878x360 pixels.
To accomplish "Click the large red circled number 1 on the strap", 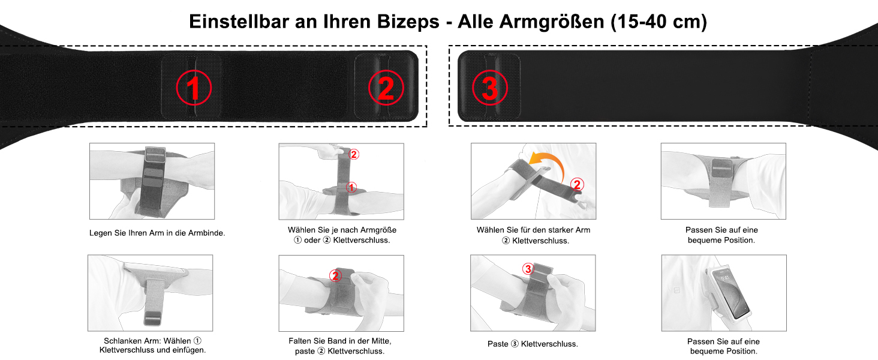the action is pyautogui.click(x=194, y=88).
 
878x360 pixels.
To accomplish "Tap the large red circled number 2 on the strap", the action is pyautogui.click(x=386, y=88).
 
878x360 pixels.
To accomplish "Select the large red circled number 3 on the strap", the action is pyautogui.click(x=489, y=88).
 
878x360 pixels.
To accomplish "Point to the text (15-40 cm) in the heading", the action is pyautogui.click(x=659, y=22).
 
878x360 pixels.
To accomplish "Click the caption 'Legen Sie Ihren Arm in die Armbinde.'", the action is pyautogui.click(x=157, y=233).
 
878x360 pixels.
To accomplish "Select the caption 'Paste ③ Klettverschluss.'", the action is pyautogui.click(x=533, y=344).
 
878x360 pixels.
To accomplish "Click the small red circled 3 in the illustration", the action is pyautogui.click(x=528, y=269).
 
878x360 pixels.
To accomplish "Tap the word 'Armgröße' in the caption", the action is pyautogui.click(x=378, y=230).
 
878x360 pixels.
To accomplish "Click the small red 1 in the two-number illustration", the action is pyautogui.click(x=351, y=187).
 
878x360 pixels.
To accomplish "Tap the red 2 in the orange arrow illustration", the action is pyautogui.click(x=576, y=184).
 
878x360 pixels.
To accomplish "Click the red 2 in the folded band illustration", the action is pyautogui.click(x=335, y=275).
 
